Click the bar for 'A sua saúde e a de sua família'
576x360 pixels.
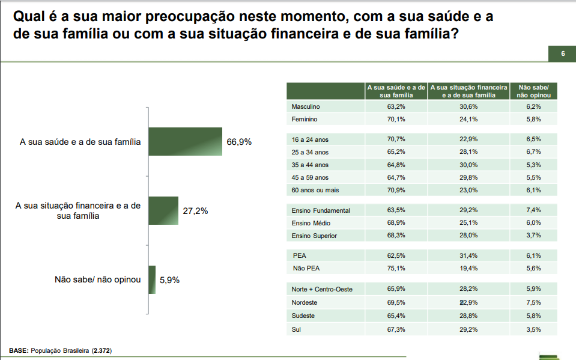186,142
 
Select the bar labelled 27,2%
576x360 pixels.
163,210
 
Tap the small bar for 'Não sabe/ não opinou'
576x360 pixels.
152,279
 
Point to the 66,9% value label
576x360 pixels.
239,142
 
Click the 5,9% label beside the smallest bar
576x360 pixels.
170,279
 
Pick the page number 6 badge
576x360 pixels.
563,54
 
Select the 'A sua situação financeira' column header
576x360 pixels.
469,91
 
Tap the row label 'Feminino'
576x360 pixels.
305,120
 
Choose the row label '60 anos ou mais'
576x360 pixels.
315,190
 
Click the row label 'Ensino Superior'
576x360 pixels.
314,236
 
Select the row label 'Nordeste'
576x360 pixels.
305,302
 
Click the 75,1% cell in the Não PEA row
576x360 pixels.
396,268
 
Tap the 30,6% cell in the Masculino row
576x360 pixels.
468,106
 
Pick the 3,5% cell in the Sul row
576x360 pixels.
533,329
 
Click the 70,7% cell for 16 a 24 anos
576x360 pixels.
396,138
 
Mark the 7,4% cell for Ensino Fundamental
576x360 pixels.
533,210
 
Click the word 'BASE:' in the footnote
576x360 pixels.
19,350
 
